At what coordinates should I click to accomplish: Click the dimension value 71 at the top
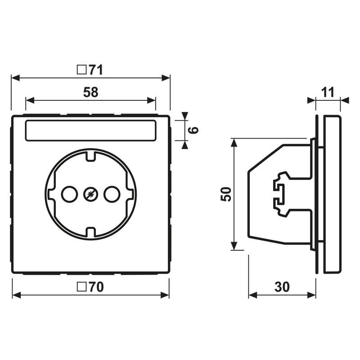95,70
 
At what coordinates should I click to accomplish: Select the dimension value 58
90,92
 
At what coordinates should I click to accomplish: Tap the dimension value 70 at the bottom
95,287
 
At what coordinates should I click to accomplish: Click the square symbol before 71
81,70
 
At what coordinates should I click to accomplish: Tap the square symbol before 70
81,287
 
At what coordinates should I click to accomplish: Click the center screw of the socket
90,194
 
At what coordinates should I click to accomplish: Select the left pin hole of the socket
68,194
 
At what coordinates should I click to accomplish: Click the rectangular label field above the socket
90,130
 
